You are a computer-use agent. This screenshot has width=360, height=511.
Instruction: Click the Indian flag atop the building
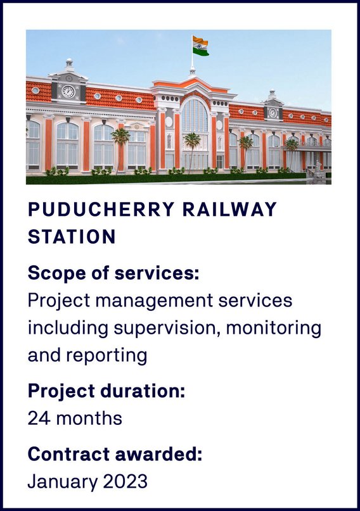click(200, 46)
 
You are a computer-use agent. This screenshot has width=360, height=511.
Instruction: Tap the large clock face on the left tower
click(68, 92)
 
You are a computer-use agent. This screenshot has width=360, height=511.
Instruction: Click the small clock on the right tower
click(273, 113)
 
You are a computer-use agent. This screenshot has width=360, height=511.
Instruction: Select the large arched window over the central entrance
click(195, 115)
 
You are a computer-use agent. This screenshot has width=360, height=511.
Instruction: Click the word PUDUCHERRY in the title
click(101, 210)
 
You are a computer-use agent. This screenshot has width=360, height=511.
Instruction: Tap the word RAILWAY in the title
click(229, 210)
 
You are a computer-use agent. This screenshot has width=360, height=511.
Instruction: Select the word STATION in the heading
click(72, 237)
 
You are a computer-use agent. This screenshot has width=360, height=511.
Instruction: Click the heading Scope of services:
click(113, 273)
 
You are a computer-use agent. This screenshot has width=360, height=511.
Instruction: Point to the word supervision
click(166, 329)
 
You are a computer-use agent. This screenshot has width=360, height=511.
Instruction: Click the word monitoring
click(274, 329)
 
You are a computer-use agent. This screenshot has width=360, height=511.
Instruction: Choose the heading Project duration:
click(106, 391)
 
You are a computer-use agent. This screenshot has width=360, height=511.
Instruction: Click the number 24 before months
click(39, 418)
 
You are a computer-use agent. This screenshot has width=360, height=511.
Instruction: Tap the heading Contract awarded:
click(115, 454)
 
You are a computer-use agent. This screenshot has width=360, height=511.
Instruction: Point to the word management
click(154, 301)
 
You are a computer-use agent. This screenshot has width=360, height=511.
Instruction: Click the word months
click(89, 418)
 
